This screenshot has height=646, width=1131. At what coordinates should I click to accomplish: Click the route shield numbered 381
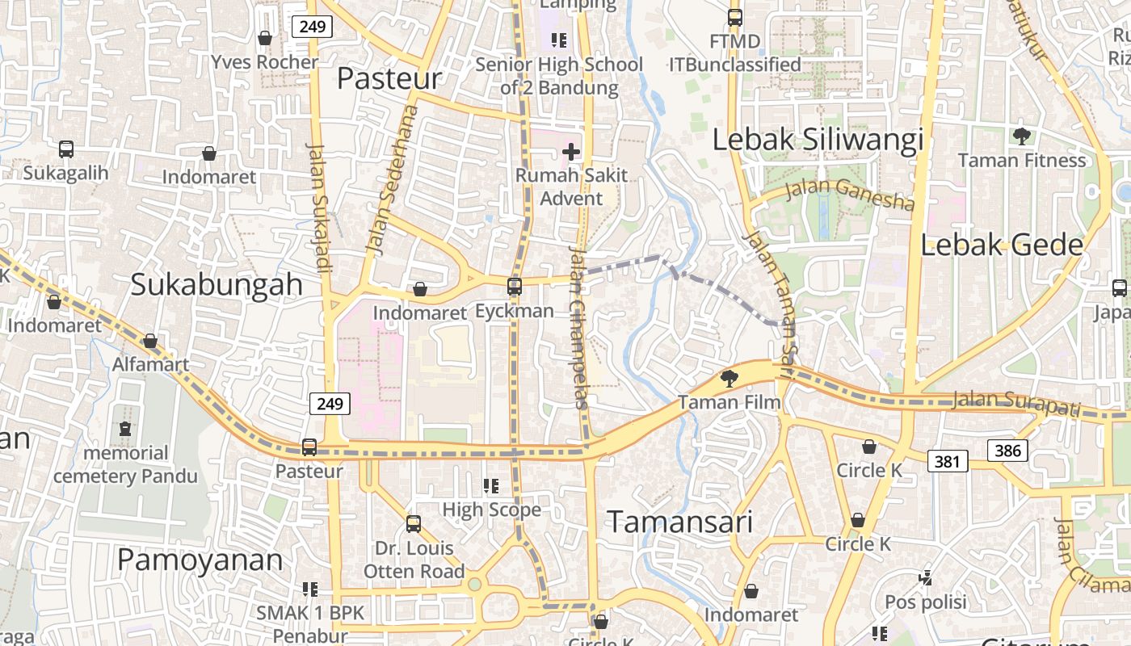coord(947,461)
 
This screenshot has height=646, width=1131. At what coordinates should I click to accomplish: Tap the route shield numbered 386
coord(1007,451)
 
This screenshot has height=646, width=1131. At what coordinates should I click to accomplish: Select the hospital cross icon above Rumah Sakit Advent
coord(571,151)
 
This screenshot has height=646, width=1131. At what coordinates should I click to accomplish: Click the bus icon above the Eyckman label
coord(515,286)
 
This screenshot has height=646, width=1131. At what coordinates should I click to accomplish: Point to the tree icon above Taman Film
coord(729,377)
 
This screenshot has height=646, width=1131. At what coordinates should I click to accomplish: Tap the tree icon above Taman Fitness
coord(1022,136)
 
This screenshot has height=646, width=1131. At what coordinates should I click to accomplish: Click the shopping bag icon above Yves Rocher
coord(264,38)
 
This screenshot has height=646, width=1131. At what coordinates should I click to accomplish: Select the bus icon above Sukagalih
coord(66,149)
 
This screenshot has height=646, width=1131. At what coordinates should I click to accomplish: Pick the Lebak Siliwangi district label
coord(818,140)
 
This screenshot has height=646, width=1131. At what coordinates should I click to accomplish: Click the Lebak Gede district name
coord(1002,245)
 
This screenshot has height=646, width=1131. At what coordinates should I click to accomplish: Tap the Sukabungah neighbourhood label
coord(217,284)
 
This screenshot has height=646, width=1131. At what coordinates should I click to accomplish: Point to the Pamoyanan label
coord(200,560)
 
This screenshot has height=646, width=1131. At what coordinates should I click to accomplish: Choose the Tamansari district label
coord(679,522)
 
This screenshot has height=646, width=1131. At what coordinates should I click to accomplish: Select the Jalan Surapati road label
coord(1016,403)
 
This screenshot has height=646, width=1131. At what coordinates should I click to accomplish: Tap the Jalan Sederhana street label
coord(391,179)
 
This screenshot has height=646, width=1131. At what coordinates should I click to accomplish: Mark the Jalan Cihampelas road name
coord(581,327)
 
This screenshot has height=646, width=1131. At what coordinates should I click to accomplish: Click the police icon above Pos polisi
coord(926,577)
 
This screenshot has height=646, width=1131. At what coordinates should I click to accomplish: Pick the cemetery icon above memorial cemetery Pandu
coord(125,428)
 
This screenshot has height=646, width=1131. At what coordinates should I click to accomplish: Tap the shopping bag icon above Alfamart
coord(150,341)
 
